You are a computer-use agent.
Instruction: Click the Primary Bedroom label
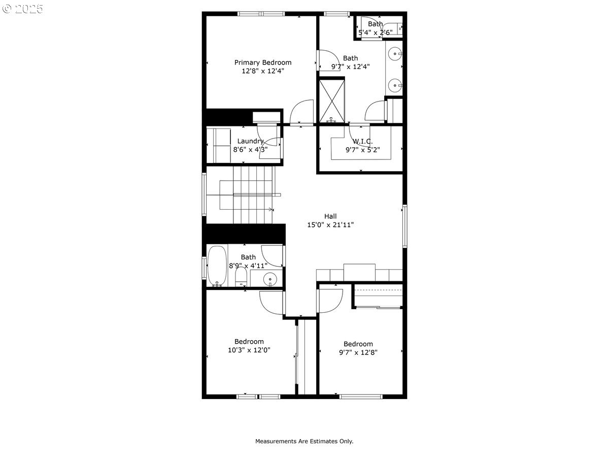pos(263,62)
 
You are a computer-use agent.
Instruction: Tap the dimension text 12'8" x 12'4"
pos(263,71)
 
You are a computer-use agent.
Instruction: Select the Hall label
pos(330,216)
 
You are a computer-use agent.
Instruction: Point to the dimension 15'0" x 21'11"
pos(330,224)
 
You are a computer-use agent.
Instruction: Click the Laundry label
pos(250,141)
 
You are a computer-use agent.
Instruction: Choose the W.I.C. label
pos(363,141)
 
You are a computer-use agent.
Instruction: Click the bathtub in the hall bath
pos(217,266)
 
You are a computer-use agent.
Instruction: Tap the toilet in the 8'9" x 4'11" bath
pos(241,277)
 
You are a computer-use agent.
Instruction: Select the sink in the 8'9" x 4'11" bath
pos(269,279)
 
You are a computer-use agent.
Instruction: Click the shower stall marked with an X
pos(332,101)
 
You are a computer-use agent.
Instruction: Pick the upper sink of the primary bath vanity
pos(394,53)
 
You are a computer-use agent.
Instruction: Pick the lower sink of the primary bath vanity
pos(394,85)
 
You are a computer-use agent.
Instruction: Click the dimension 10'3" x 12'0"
pos(249,350)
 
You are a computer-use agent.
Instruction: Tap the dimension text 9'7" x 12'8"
pos(358,352)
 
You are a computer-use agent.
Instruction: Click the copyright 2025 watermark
pos(22,9)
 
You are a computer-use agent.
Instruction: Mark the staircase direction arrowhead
pos(272,209)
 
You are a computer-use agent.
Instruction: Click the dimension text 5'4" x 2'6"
pos(376,32)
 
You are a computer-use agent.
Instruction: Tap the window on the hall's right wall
pos(405,226)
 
